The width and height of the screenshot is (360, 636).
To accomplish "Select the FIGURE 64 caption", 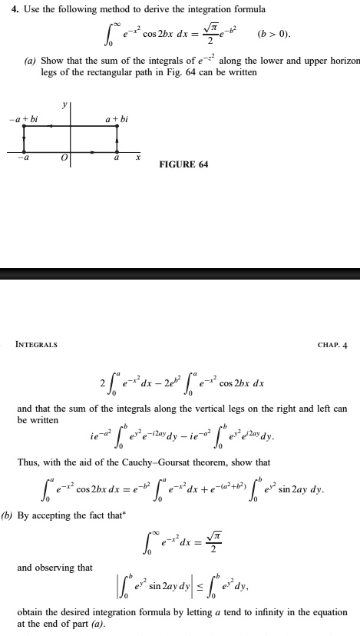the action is pos(183,164).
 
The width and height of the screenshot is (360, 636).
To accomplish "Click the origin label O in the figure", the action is pos(66,157).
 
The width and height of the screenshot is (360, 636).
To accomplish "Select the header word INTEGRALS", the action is pos(37,344).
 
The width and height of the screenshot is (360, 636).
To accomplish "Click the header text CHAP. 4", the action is pos(332,344).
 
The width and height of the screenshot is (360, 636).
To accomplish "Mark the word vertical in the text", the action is pos(216,409).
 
